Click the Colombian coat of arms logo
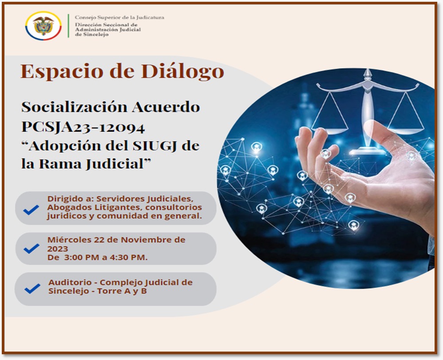43,26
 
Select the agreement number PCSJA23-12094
83,127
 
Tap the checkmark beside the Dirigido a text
31,210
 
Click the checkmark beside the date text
31,248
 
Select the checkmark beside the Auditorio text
32,289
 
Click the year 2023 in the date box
58,249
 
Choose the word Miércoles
70,239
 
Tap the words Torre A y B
122,291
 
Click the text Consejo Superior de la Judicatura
119,17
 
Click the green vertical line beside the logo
68,26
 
